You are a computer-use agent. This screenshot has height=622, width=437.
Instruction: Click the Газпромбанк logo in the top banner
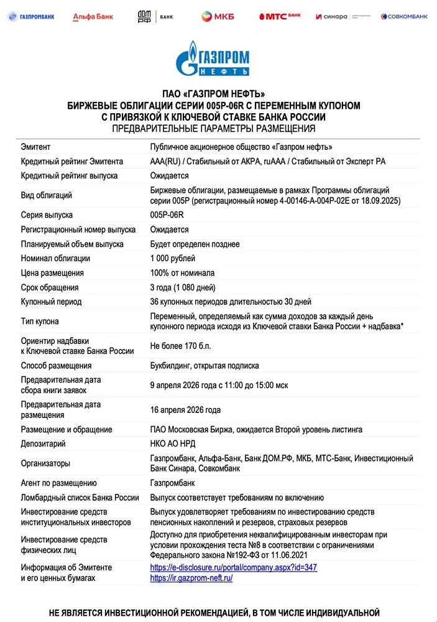(31, 16)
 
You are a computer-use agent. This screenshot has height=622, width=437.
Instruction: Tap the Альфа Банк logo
(93, 16)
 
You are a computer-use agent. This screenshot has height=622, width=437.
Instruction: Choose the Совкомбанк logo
(405, 16)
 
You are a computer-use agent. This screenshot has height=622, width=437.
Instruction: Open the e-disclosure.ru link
(234, 567)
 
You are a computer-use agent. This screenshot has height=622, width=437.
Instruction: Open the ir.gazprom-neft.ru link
(191, 578)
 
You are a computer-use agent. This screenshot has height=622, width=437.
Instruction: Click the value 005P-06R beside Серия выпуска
(167, 215)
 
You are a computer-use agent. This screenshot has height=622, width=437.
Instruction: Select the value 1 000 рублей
(173, 258)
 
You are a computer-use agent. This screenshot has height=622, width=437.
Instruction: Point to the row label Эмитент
(35, 147)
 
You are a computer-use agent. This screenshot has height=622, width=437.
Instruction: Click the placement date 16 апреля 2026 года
(185, 410)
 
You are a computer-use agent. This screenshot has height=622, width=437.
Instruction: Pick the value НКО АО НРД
(175, 443)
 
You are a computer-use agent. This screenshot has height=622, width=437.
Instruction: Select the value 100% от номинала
(182, 272)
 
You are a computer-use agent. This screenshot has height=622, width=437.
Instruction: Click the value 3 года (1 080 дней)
(185, 287)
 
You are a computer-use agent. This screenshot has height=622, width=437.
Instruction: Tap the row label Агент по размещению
(58, 483)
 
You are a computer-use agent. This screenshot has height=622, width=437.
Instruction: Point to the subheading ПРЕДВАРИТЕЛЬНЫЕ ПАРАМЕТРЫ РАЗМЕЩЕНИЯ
(214, 129)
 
